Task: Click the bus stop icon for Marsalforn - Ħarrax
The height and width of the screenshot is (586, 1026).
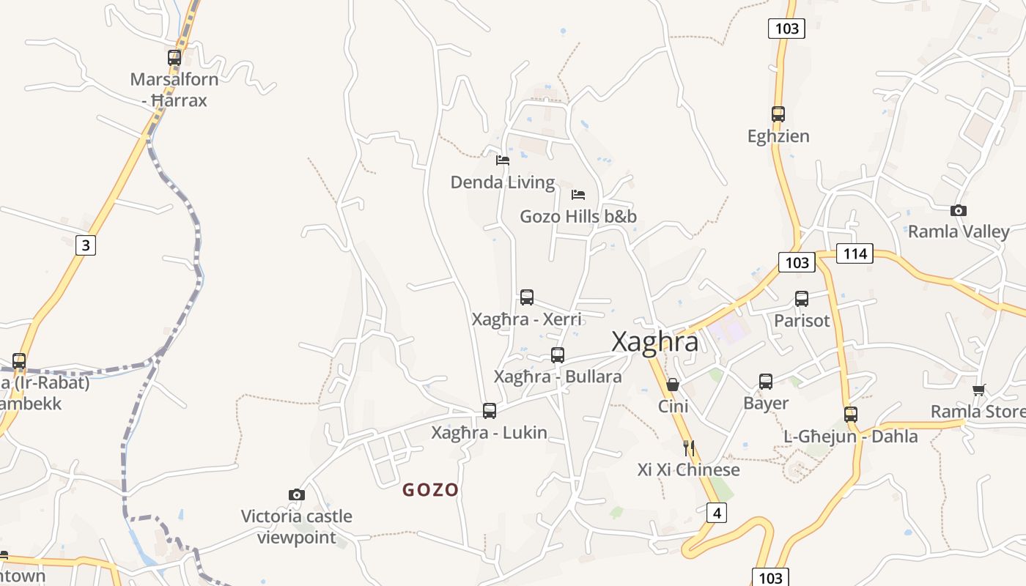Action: [174, 57]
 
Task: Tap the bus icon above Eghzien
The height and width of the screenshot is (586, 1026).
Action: [778, 114]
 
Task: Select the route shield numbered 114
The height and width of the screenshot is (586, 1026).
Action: [855, 253]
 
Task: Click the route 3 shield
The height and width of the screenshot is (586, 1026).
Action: [86, 245]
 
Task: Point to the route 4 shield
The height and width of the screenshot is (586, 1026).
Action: [717, 513]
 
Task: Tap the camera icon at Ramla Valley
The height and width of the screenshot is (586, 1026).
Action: [958, 211]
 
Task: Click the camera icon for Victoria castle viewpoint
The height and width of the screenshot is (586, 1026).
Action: [297, 495]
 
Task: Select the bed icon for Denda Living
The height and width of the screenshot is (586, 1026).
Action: [503, 160]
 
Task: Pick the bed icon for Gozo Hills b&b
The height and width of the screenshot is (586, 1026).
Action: [578, 195]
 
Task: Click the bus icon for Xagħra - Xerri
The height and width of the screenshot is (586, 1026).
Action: [527, 297]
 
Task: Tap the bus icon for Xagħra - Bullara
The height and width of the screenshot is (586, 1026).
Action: [558, 355]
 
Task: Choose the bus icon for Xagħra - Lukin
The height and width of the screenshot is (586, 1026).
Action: [490, 411]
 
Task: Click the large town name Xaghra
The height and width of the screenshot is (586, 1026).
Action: [654, 342]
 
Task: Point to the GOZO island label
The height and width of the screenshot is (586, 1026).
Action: [431, 490]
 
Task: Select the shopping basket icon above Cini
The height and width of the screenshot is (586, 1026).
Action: [673, 385]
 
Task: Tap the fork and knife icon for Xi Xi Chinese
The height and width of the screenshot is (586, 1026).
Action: [688, 448]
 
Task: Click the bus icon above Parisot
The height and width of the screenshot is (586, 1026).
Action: [802, 299]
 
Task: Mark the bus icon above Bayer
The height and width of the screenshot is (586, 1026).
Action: [766, 381]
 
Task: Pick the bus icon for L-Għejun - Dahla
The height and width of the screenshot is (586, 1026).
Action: [851, 414]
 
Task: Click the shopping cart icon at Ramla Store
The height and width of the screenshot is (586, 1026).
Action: [978, 390]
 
